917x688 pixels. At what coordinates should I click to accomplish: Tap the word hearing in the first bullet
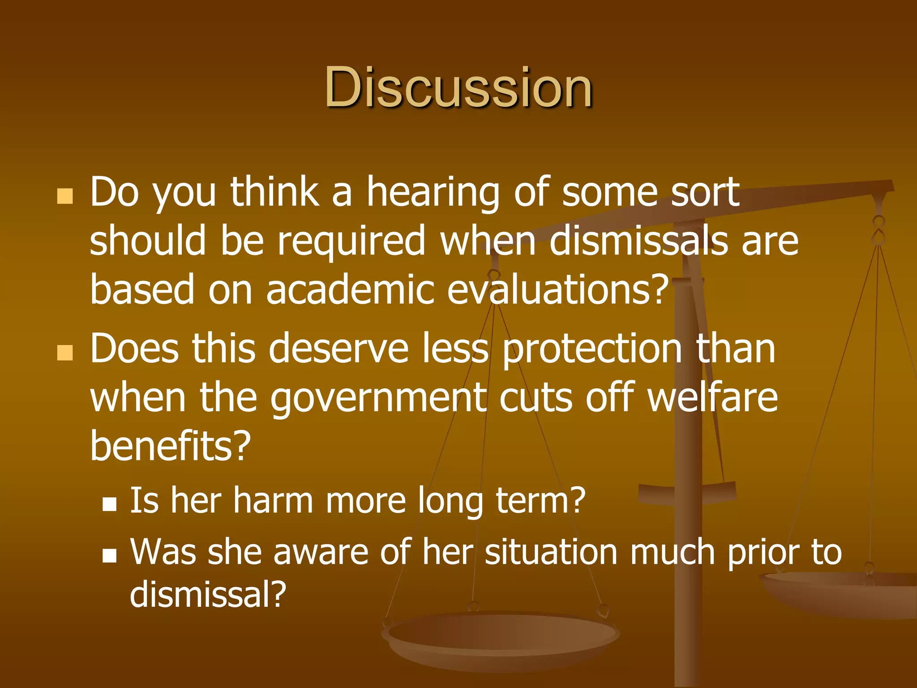click(433, 193)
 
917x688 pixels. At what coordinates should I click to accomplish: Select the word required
click(351, 242)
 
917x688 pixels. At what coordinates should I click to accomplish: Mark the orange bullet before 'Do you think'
click(65, 196)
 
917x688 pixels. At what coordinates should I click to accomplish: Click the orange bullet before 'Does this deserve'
click(65, 353)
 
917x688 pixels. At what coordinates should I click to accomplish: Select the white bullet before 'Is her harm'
click(109, 504)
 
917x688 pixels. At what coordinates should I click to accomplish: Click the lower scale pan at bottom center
click(501, 636)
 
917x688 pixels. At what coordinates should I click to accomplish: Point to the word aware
click(321, 552)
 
